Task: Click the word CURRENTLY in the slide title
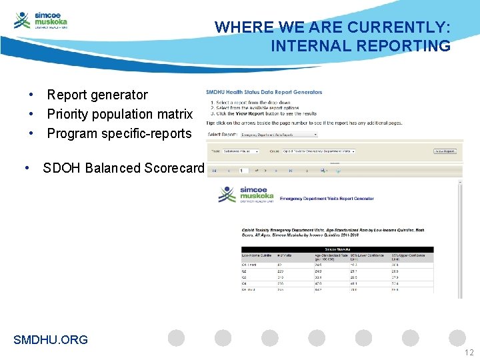tap(400, 27)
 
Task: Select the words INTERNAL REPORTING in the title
tap(360, 46)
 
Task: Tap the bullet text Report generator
tap(97, 95)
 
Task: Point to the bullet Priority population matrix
tap(119, 114)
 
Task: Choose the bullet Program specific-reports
tap(119, 133)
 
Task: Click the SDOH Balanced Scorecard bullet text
tap(123, 168)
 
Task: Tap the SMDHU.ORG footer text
tap(51, 339)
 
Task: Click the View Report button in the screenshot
tap(445, 151)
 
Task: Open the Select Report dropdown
tap(279, 134)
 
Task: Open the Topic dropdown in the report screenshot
tap(242, 151)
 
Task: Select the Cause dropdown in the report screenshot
tap(319, 151)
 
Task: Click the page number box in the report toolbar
tap(243, 171)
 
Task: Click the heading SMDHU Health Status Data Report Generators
tap(264, 92)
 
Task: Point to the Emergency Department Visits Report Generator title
tap(327, 199)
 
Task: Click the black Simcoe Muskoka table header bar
tap(337, 249)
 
